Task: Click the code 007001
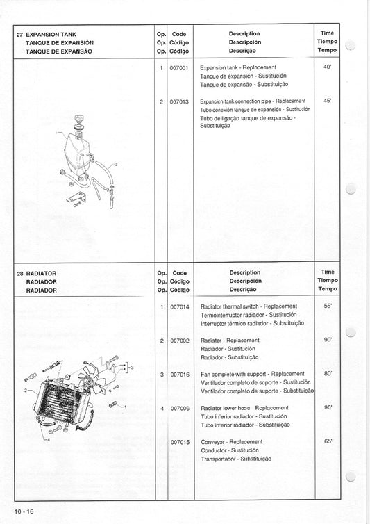coord(179,67)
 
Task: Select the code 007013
coord(179,101)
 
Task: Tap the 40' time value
coord(328,67)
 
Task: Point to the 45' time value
coord(328,101)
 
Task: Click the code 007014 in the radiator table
coord(179,306)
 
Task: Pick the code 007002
coord(179,340)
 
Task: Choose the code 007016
coord(179,374)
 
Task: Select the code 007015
coord(179,442)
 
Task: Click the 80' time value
coord(328,374)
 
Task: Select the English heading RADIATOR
coord(40,273)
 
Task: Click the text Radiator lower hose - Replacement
coord(244,408)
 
